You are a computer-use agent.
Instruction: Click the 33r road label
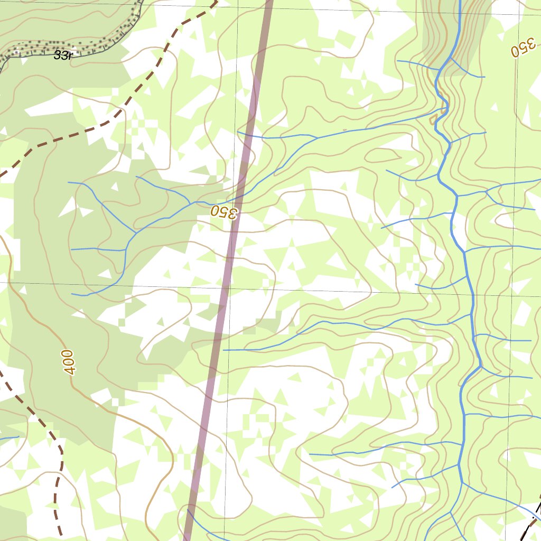click(63, 55)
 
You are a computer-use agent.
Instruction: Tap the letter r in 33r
click(70, 55)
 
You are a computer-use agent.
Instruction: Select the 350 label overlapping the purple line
click(225, 212)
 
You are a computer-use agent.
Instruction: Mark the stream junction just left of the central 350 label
click(190, 203)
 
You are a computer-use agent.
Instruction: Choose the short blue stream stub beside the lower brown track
click(10, 437)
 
